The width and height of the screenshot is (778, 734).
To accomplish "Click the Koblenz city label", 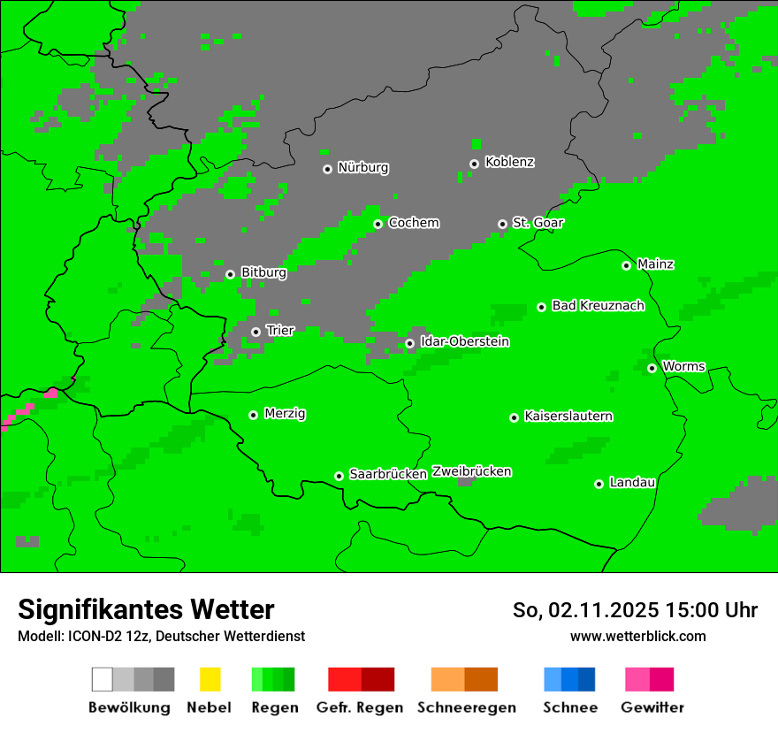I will click(509, 163).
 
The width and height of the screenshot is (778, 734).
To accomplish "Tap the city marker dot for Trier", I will click(256, 333).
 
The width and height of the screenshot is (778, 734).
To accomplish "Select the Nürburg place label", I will click(362, 168).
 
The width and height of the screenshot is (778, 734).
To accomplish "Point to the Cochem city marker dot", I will click(378, 224).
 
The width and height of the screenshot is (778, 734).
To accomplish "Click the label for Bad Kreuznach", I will click(598, 306).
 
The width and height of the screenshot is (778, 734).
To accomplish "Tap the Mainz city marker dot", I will click(627, 265).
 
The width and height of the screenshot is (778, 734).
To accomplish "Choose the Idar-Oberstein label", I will click(464, 342).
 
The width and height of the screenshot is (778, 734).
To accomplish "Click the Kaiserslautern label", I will click(568, 417).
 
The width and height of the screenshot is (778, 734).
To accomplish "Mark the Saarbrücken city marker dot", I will click(339, 476).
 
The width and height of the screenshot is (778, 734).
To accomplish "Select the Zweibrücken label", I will click(471, 472).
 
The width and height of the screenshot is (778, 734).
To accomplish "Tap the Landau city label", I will click(632, 483).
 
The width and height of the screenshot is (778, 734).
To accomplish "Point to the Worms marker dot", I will click(652, 368).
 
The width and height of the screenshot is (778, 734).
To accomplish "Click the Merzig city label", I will click(285, 414).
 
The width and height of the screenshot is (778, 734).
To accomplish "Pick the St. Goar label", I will click(538, 224).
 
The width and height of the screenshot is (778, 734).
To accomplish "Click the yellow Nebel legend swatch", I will click(210, 679).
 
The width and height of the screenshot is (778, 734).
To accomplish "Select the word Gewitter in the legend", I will click(652, 707).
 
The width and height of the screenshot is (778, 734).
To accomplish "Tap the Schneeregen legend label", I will click(467, 707).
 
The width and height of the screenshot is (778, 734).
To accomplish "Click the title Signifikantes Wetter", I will click(146, 610).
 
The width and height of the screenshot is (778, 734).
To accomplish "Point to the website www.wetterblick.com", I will click(637, 637).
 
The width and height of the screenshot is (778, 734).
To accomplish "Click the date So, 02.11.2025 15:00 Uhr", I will click(635, 610).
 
